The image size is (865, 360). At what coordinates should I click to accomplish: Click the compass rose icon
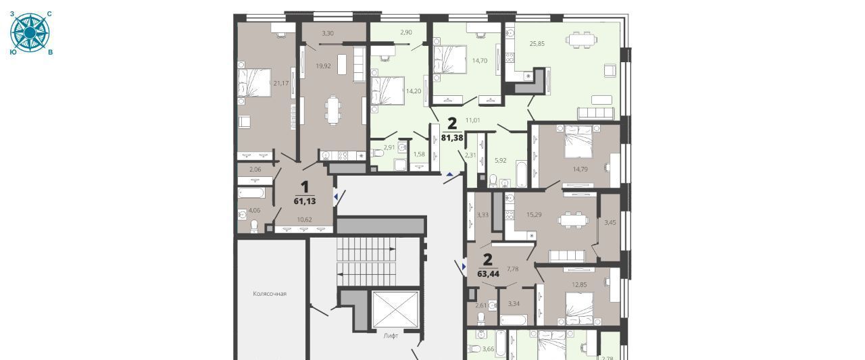coord(30,33)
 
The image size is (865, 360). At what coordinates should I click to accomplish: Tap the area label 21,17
coord(280,83)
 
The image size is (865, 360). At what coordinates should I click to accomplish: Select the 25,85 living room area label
coord(537,44)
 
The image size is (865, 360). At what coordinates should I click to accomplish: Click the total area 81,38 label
coord(452,137)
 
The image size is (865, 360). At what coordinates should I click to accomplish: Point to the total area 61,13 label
coord(305,201)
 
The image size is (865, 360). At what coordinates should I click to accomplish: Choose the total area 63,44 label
coord(489,274)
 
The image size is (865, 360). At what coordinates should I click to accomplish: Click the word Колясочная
coord(270,294)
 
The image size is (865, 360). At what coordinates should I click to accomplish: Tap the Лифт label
coord(391,336)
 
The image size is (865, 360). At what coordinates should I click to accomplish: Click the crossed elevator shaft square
coord(395,309)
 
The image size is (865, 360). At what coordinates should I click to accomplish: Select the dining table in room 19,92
coord(333,110)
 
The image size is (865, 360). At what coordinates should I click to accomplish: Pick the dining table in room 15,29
coord(573,220)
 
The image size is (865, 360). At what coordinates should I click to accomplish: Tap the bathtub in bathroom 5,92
coord(521,174)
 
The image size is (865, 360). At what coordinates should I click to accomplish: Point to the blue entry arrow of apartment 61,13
coord(336,197)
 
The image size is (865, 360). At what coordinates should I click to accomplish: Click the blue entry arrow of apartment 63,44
coord(464,267)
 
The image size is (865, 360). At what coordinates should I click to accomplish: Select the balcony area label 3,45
coord(610,223)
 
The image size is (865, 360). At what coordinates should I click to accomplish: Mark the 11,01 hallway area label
coord(472,120)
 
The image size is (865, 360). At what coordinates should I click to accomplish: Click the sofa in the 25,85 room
coord(595,113)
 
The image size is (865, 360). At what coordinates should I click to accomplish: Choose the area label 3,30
coord(328,34)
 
